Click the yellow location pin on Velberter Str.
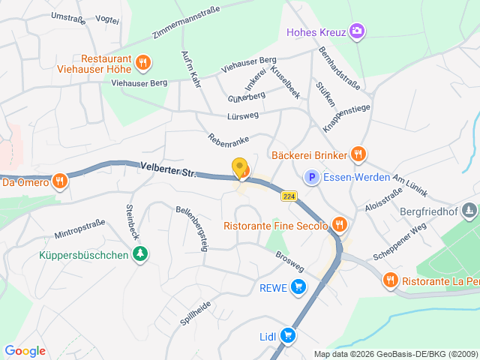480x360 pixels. (x=240, y=169)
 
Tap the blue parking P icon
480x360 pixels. (x=311, y=178)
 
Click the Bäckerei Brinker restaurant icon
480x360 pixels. (x=358, y=154)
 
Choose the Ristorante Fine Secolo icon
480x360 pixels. (x=340, y=224)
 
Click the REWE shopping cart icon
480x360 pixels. (x=298, y=286)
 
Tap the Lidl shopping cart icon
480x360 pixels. (x=286, y=336)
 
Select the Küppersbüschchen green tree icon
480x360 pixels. (x=139, y=255)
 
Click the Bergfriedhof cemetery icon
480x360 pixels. (x=469, y=211)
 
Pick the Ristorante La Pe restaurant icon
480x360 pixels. (x=390, y=280)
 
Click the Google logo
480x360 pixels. (x=25, y=351)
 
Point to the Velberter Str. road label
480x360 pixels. (x=167, y=169)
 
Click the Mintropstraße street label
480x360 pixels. (x=79, y=223)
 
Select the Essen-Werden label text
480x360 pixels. (x=356, y=178)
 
